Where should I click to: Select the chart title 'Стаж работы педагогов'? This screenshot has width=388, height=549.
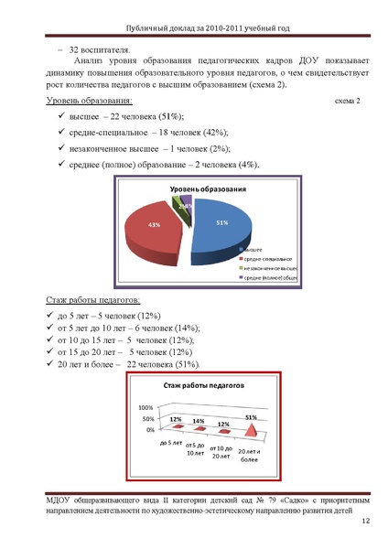tap(203, 386)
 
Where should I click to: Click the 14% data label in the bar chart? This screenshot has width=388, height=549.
tap(199, 420)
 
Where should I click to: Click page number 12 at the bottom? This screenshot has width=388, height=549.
tap(364, 521)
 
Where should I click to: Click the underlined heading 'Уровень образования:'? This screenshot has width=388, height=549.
tap(88, 101)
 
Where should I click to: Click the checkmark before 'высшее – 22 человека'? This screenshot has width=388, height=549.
tap(60, 118)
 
